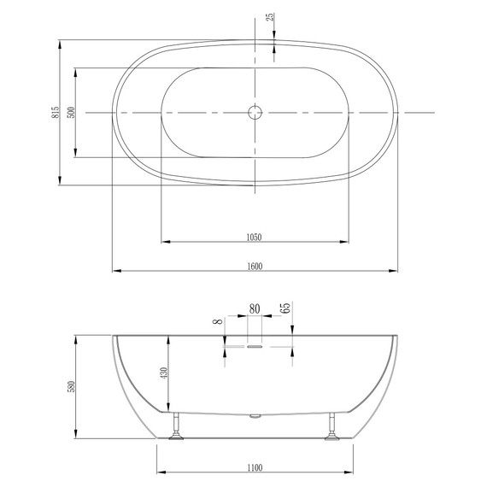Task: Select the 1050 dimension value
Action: (254, 236)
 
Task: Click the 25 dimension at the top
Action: (269, 19)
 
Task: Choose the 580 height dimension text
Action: (71, 387)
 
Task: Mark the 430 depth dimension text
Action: (164, 373)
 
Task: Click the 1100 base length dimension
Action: (254, 466)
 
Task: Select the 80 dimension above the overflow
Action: (255, 309)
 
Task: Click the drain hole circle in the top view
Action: (254, 112)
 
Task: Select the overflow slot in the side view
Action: (255, 347)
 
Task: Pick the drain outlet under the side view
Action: (254, 416)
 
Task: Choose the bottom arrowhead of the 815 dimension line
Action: (60, 180)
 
